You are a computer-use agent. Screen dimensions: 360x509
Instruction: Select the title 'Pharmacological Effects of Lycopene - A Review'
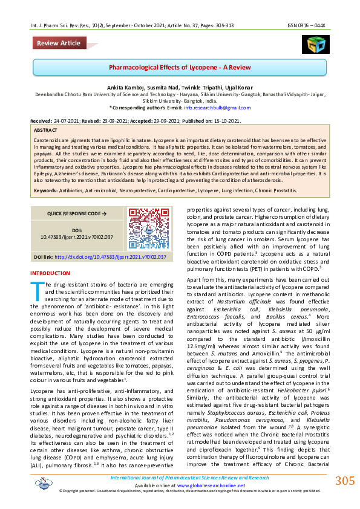point(179,67)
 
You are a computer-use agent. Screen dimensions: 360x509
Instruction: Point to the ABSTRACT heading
point(46,130)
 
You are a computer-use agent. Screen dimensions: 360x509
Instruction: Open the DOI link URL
point(102,256)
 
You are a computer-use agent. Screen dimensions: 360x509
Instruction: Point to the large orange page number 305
point(344,481)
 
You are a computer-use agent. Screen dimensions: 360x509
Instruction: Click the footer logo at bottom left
point(44,482)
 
